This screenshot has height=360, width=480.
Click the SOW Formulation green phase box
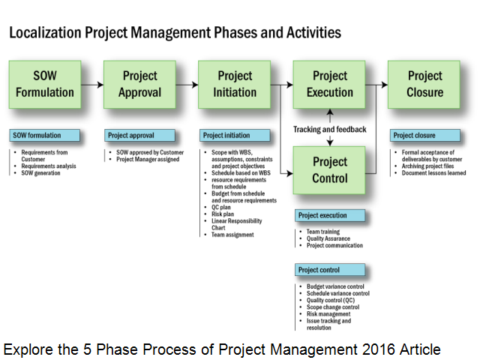[x=44, y=85]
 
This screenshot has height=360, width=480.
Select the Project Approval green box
[x=139, y=85]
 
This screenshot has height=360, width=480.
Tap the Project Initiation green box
[x=235, y=85]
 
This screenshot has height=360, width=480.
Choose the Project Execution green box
[x=329, y=85]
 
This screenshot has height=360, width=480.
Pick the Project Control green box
[x=329, y=170]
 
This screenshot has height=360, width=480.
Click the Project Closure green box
[x=425, y=85]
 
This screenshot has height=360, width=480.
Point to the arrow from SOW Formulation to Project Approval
[x=91, y=85]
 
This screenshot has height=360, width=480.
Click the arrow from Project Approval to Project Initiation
[x=187, y=85]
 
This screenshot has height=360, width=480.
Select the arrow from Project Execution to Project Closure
[x=377, y=85]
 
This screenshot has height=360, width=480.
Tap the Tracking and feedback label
[x=329, y=130]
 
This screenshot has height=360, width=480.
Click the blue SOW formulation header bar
[x=46, y=136]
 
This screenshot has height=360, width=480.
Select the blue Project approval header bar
[x=141, y=136]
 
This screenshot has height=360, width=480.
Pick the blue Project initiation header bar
[x=235, y=136]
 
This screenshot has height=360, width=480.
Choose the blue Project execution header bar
[x=331, y=216]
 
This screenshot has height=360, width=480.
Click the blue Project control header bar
[x=331, y=270]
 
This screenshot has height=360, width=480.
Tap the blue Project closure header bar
[x=425, y=136]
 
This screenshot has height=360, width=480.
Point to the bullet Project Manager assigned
[x=147, y=159]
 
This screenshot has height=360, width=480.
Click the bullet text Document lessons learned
[x=433, y=173]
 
